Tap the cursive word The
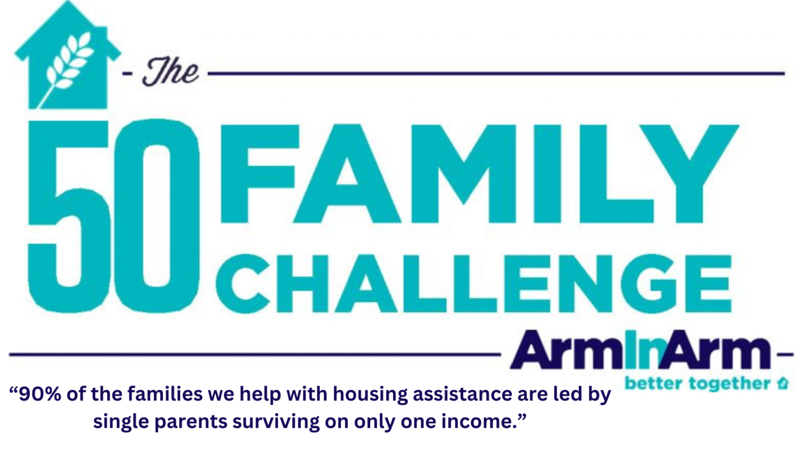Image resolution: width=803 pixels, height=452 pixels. point(170,72)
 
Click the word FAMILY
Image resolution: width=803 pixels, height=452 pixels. point(479,174)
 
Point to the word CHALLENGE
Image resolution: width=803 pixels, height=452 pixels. point(474,284)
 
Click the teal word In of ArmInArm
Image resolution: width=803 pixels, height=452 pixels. point(643,350)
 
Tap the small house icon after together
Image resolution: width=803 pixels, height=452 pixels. point(783,383)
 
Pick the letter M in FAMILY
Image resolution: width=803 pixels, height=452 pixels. point(464,174)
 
